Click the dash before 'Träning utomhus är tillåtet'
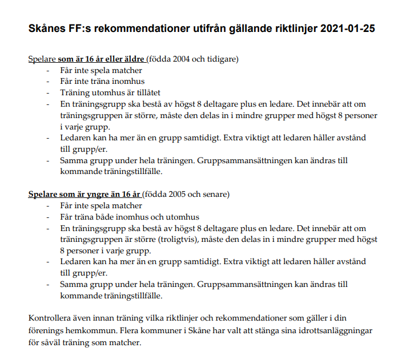coord(48,92)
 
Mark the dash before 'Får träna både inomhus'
coord(48,217)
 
